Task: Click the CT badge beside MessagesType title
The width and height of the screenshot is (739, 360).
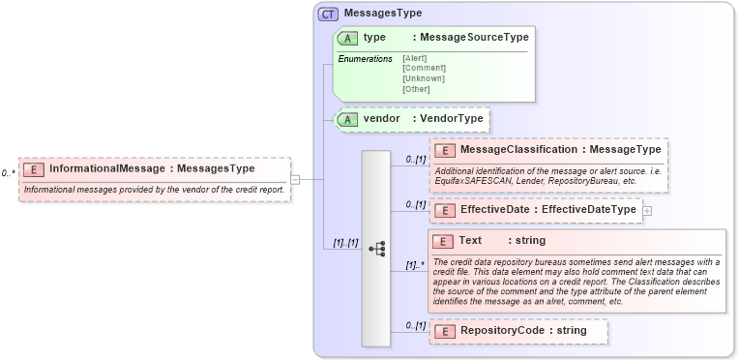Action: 328,15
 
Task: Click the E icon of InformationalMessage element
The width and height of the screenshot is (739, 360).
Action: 33,168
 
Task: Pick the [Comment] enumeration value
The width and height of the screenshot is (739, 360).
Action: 424,68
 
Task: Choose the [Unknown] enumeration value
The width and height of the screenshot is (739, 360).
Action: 424,78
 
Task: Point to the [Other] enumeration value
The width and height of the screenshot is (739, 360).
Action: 416,89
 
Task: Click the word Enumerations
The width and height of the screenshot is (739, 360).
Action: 365,59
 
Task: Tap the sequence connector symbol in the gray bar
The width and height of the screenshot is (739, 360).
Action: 376,248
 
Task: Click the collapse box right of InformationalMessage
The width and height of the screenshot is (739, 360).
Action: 295,179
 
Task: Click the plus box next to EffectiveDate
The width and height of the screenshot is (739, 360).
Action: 646,210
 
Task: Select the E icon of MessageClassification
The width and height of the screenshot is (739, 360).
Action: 445,150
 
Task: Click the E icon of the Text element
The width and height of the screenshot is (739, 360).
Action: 445,241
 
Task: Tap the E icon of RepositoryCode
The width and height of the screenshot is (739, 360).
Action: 445,331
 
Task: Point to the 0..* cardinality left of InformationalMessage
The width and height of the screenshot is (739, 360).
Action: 9,173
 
